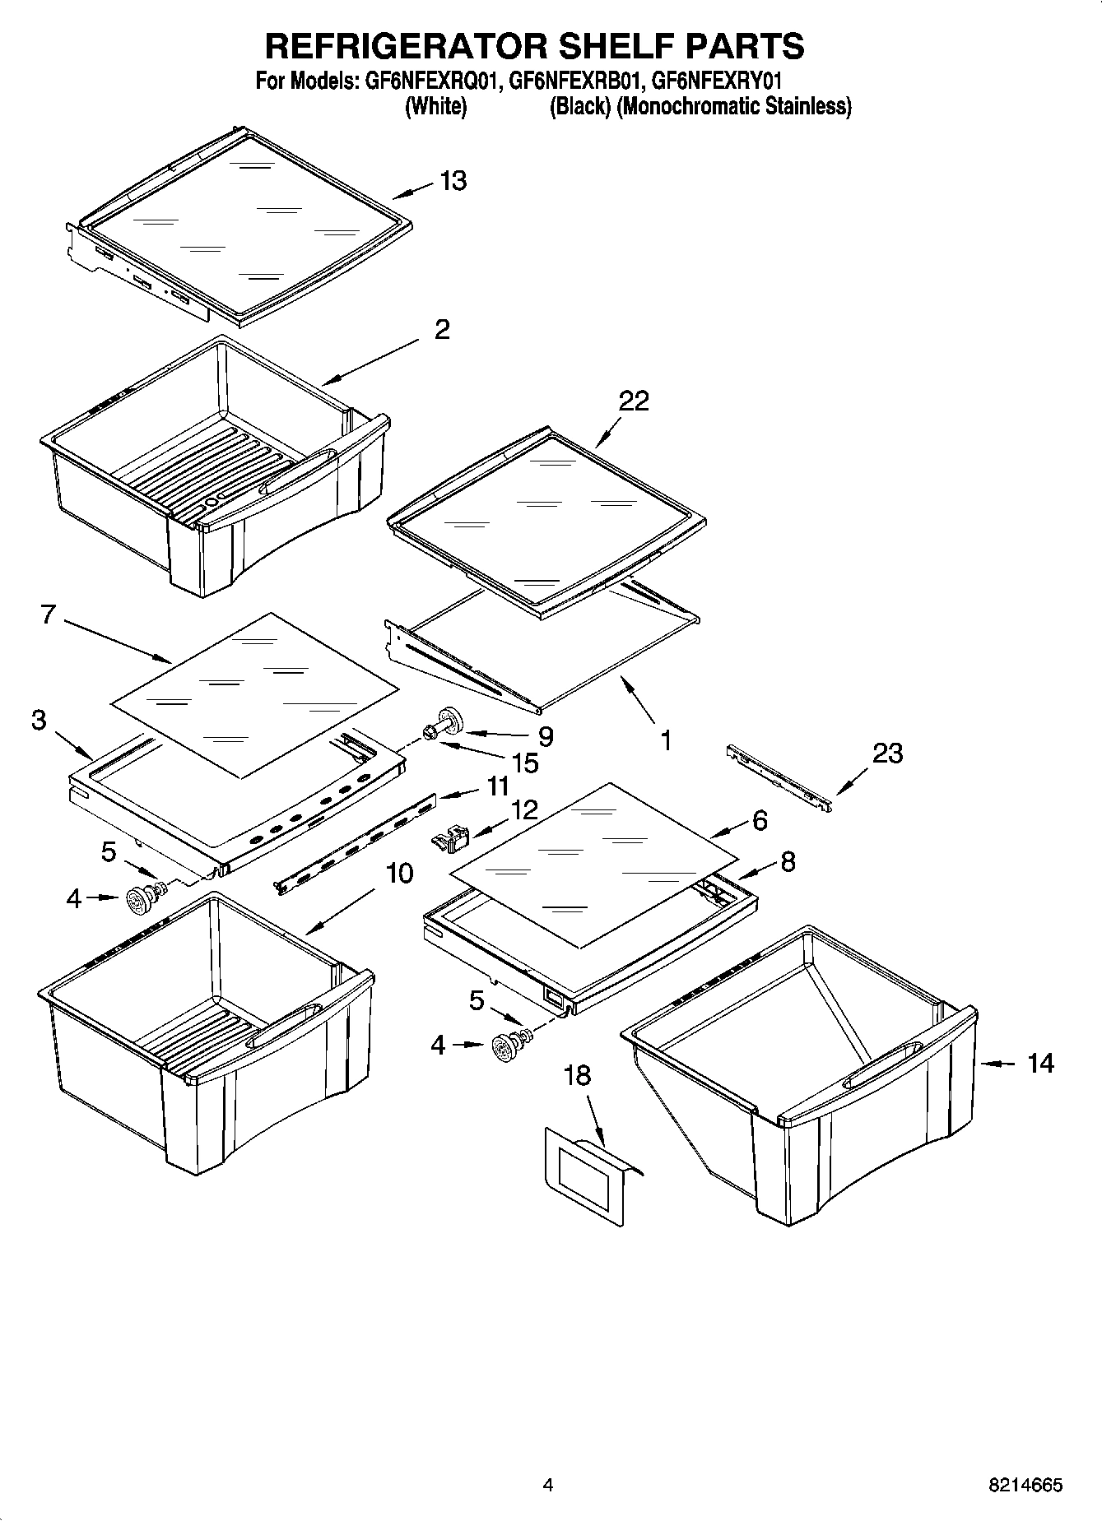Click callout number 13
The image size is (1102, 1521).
[x=453, y=180]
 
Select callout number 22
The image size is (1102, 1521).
[x=634, y=401]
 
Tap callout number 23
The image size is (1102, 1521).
[x=887, y=753]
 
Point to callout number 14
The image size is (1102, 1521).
[x=1040, y=1064]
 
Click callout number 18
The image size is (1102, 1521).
[x=578, y=1075]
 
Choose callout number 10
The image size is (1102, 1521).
[x=399, y=873]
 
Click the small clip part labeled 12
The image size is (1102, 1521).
[x=449, y=840]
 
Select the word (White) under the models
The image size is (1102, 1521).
[x=436, y=106]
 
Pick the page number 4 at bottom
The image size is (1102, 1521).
[x=548, y=1485]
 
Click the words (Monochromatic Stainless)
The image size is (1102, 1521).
[x=734, y=106]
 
